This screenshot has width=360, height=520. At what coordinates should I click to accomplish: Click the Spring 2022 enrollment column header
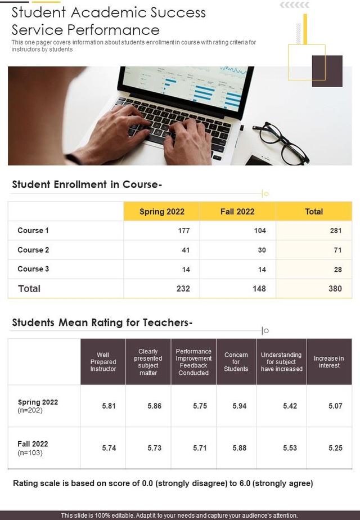click(161, 212)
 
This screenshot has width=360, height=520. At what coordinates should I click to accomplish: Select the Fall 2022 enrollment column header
click(237, 212)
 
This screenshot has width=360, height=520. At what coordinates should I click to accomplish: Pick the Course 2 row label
click(33, 250)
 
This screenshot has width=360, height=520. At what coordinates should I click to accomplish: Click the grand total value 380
click(335, 289)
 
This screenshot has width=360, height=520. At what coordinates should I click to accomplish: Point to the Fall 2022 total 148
click(259, 289)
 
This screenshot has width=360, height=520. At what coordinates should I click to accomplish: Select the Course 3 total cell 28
click(337, 270)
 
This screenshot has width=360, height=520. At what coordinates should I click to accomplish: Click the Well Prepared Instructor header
click(103, 362)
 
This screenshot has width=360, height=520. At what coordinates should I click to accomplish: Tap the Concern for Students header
click(236, 362)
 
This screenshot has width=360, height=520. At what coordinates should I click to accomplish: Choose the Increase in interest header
click(329, 362)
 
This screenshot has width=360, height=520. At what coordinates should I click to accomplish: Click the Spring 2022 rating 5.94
click(239, 406)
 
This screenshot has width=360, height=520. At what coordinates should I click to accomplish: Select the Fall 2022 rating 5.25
click(335, 448)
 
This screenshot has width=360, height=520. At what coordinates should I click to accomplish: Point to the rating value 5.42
click(290, 406)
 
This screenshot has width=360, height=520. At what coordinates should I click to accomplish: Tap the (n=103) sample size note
click(30, 452)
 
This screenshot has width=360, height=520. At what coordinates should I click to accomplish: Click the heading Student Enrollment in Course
click(87, 185)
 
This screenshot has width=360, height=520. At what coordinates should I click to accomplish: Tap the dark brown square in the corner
click(327, 71)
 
